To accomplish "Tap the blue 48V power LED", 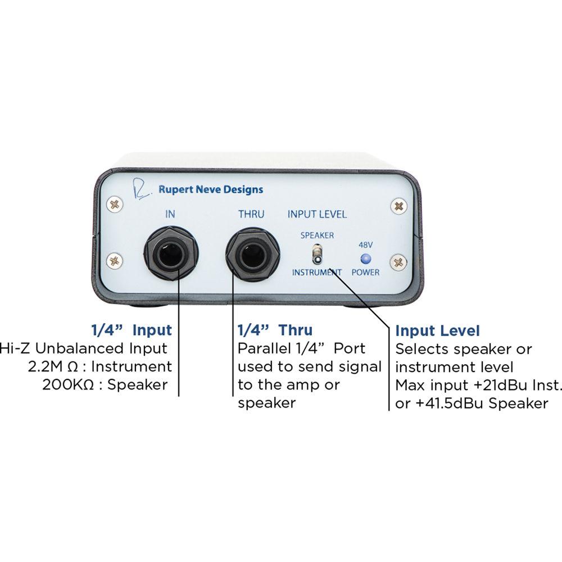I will point(366,259).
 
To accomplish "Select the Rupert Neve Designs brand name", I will point(210,189).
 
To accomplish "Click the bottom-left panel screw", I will point(115,260).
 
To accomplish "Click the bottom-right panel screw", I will point(399,262).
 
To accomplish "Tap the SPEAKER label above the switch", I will point(317,235).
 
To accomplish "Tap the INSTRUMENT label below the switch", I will point(316,273).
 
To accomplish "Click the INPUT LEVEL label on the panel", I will point(317,214).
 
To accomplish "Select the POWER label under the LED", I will point(365,273).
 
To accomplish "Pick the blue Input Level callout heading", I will point(438,330).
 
